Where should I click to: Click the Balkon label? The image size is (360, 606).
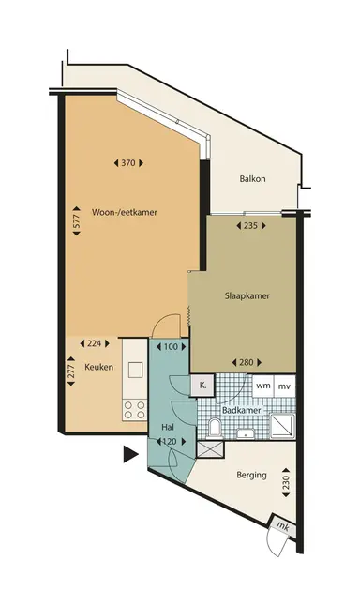pos(252,177)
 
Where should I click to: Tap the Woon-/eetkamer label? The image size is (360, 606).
pos(124,212)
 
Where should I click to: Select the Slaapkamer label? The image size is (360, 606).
pos(247,295)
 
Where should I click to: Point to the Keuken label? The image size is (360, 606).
pos(99,367)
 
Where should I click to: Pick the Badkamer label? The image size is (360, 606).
pos(242,411)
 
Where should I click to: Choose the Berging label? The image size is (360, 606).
pos(252,476)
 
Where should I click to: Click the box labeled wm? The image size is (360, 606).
pos(263,386)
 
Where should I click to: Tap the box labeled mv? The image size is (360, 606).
pos(284,386)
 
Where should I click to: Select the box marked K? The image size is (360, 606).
pos(201,385)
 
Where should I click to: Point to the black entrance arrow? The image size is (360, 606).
pos(129,456)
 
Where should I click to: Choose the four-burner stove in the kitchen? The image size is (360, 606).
pos(133,409)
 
